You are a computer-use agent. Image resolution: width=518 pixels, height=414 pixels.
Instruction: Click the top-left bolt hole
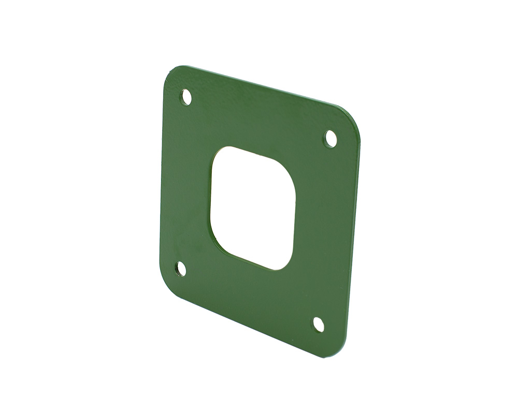pyautogui.click(x=186, y=97)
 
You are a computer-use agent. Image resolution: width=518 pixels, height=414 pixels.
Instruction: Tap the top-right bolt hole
pyautogui.click(x=330, y=139)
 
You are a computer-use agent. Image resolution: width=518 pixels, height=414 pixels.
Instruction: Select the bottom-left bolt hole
pyautogui.click(x=181, y=269)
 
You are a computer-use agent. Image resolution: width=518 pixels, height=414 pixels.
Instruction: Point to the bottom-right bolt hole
pyautogui.click(x=318, y=324)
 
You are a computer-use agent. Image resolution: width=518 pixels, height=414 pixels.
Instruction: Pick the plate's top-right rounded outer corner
pyautogui.click(x=353, y=118)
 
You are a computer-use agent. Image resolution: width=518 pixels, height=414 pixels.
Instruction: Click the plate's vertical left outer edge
pyautogui.click(x=161, y=181)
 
